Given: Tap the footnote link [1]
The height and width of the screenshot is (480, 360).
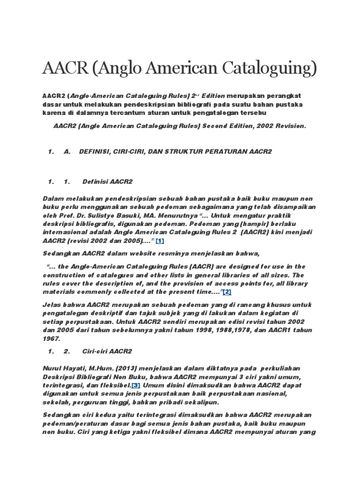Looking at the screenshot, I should (160, 240).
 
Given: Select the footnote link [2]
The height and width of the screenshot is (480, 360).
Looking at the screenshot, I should (227, 292).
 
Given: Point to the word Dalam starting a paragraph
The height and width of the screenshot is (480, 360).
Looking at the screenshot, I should (52, 199).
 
